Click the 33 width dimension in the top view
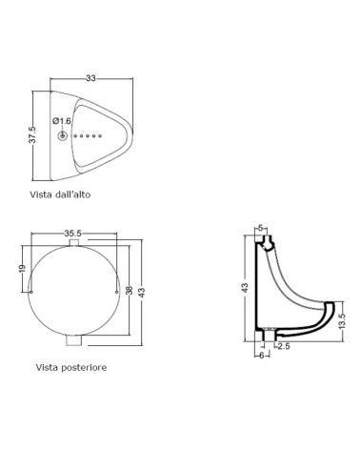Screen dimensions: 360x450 [x=90, y=78]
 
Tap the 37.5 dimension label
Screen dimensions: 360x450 [x=32, y=134]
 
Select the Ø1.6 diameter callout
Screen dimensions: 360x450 [x=62, y=121]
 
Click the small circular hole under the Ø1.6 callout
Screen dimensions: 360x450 [x=62, y=136]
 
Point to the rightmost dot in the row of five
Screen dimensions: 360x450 [x=100, y=136]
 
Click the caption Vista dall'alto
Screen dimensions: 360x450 [x=60, y=194]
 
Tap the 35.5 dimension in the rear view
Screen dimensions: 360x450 [x=73, y=234]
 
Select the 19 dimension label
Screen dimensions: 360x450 [x=22, y=269]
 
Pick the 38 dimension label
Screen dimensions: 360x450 [x=129, y=290]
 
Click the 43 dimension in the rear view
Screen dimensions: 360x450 [x=142, y=293]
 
